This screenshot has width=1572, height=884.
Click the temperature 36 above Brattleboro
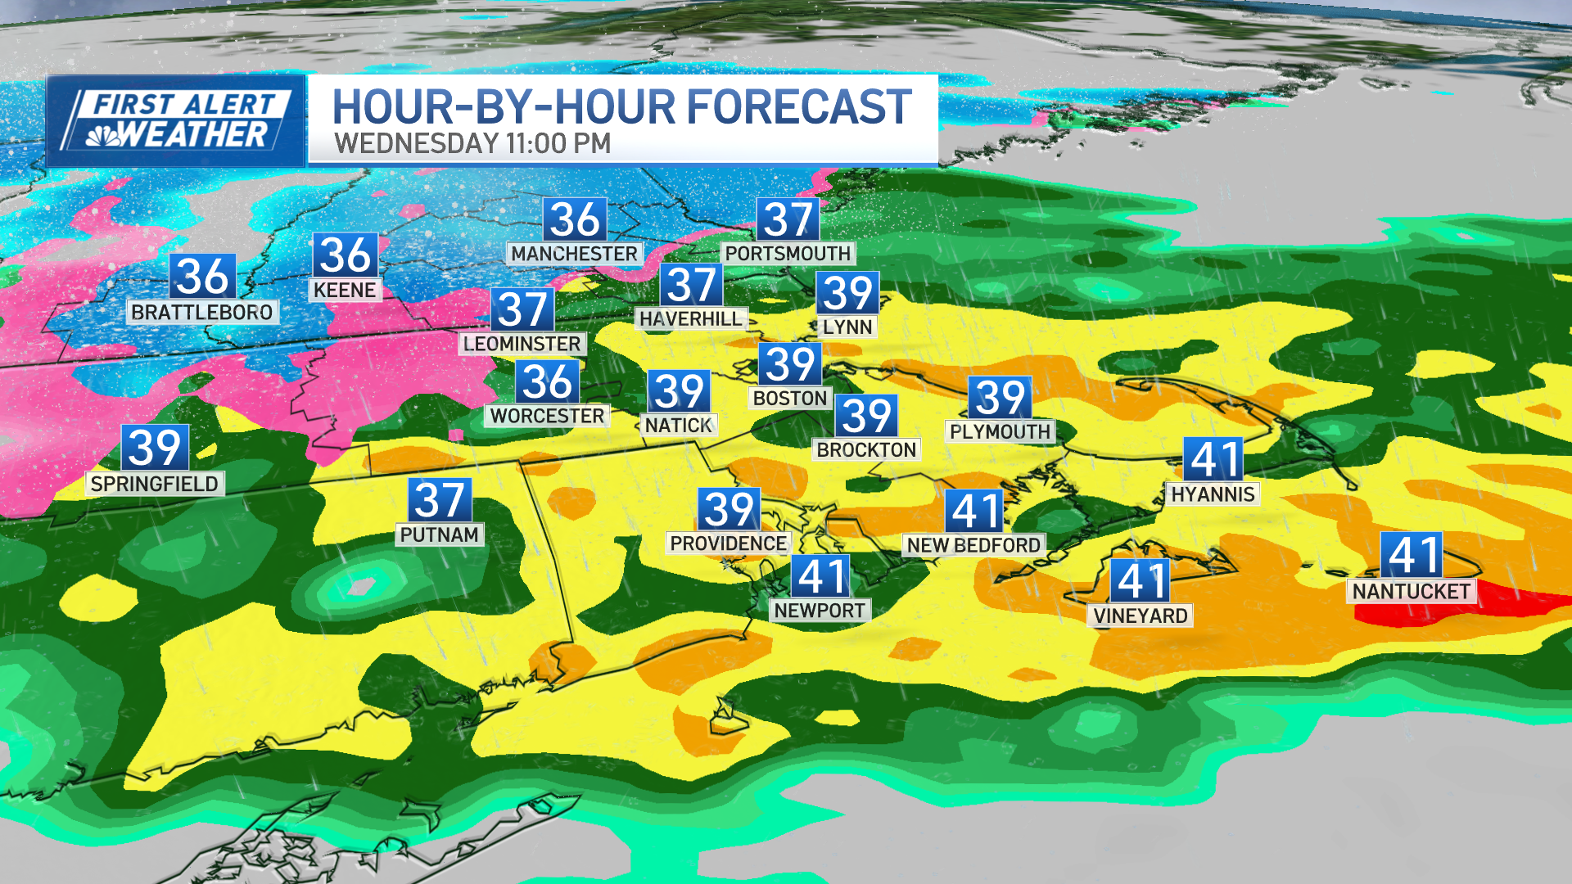tap(202, 276)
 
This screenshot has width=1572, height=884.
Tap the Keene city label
tap(345, 290)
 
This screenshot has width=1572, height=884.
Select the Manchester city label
tap(574, 254)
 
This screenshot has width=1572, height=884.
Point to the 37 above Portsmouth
tap(788, 219)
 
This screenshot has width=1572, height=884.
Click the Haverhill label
tap(690, 318)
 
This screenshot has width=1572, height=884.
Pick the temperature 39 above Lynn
tap(847, 293)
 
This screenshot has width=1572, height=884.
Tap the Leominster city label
tap(522, 344)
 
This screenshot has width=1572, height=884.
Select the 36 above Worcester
tap(547, 381)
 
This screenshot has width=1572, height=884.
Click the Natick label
tap(678, 425)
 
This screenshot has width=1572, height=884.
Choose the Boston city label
tap(790, 399)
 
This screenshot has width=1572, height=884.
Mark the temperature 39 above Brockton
tap(866, 416)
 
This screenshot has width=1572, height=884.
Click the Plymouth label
tap(1000, 431)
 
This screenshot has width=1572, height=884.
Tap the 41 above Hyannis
tap(1213, 459)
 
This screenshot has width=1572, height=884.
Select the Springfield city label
tap(154, 484)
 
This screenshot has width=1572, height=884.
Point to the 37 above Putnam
tap(440, 500)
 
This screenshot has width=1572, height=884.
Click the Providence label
tap(728, 543)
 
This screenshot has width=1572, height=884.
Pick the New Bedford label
tap(973, 545)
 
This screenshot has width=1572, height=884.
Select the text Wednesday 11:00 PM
tap(472, 144)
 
